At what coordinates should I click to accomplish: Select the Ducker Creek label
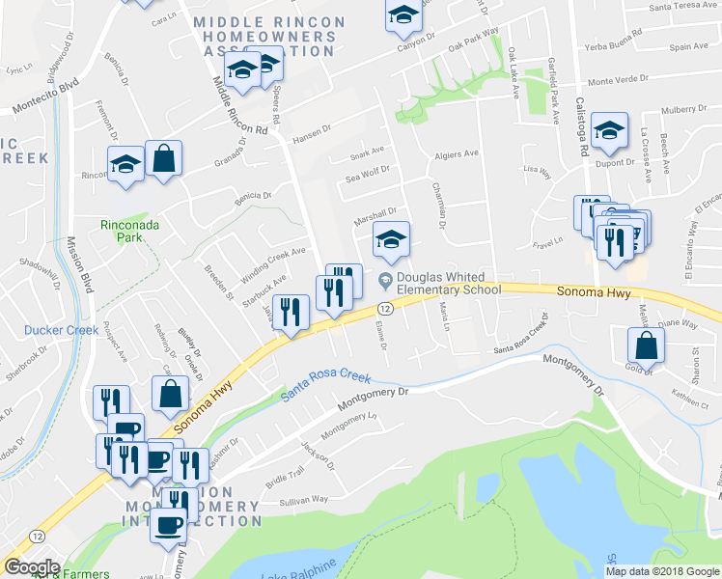[x=62, y=330]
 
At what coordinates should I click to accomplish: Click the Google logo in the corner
[x=31, y=567]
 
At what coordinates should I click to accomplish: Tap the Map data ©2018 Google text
[x=663, y=571]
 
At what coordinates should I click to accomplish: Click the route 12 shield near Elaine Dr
[x=384, y=308]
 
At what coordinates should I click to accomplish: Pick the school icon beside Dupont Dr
[x=609, y=132]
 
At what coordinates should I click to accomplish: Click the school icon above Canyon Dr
[x=403, y=16]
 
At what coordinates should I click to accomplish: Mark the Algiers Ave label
[x=457, y=153]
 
